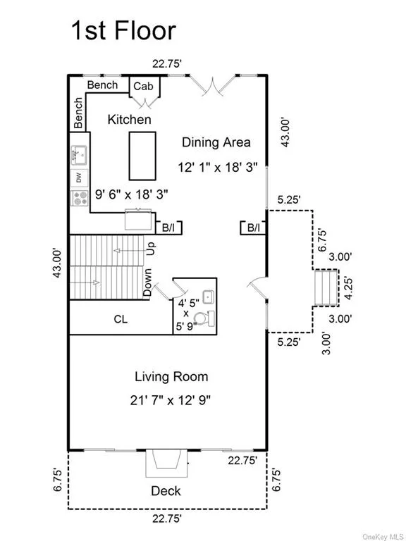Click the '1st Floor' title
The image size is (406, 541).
[123, 30]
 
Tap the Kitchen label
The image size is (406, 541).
[130, 119]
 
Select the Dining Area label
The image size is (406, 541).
[216, 142]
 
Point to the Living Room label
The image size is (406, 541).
[171, 376]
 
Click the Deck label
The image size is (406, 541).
[166, 490]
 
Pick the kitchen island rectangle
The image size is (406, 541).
[142, 156]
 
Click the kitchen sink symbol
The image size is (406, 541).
[80, 155]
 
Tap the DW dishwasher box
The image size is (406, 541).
[80, 178]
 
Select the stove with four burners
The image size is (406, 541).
[80, 198]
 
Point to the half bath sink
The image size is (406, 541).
[208, 297]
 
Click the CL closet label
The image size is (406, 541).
[121, 319]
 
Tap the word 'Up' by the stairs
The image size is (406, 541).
[152, 249]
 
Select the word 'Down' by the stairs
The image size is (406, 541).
[147, 282]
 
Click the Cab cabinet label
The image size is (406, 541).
[143, 86]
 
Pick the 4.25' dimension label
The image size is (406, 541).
[349, 288]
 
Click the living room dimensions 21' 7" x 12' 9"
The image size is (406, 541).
[171, 401]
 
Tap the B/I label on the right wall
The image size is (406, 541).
[254, 228]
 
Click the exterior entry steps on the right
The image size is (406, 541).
[326, 287]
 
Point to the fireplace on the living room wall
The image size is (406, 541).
[167, 463]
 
